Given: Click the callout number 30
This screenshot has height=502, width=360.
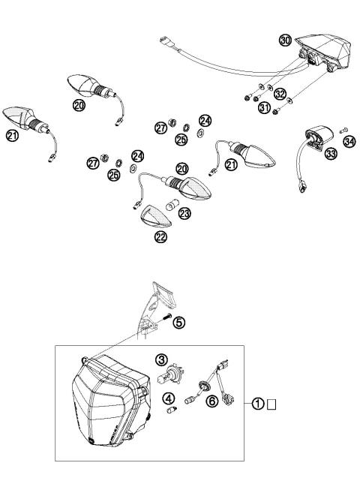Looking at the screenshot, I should (x=286, y=41).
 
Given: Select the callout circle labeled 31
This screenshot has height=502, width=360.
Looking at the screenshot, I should (x=263, y=108).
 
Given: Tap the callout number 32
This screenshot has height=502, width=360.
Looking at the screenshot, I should (x=280, y=95).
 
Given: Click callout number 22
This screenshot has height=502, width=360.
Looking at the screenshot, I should (x=161, y=236).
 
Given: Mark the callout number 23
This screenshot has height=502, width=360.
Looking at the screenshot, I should (x=184, y=213).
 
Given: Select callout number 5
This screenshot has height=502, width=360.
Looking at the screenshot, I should (x=178, y=323).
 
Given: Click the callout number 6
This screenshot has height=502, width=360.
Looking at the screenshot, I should (x=212, y=402).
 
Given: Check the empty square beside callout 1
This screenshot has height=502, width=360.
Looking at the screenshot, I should (x=273, y=405).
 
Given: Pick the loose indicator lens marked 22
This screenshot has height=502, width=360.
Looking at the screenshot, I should (x=157, y=218).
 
